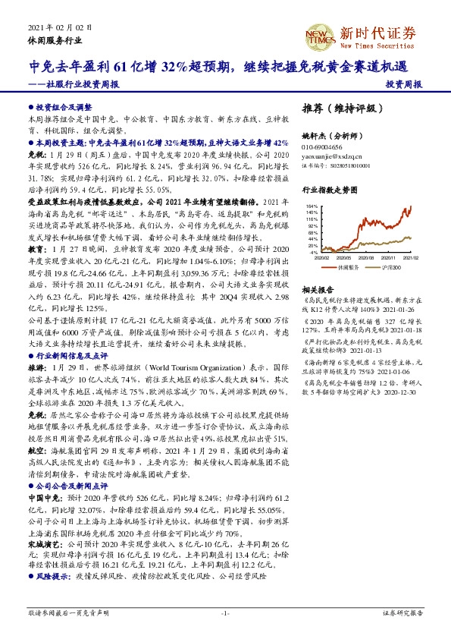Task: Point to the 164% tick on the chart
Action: point(312,205)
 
